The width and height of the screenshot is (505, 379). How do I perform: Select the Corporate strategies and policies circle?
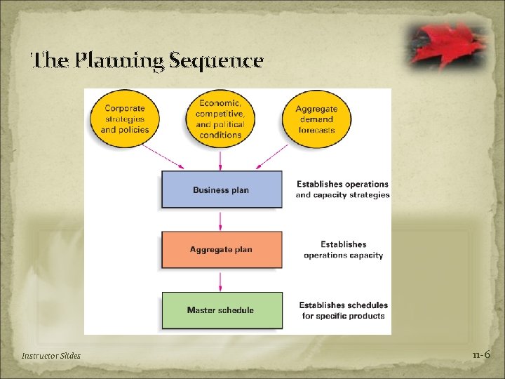(x=125, y=119)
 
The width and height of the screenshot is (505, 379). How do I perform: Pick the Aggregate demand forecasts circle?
(x=316, y=119)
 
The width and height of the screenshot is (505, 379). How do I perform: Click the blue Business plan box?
(x=222, y=189)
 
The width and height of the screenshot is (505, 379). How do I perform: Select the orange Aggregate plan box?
(x=222, y=249)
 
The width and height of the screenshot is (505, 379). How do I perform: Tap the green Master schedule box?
(x=222, y=310)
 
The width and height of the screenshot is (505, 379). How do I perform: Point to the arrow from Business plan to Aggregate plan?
(x=222, y=220)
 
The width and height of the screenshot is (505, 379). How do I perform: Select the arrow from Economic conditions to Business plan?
(x=221, y=159)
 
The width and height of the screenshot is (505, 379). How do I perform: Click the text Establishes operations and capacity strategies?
(x=342, y=189)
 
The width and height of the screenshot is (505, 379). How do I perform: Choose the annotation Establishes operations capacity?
(x=343, y=250)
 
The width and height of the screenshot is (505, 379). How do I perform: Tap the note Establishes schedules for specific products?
(x=343, y=310)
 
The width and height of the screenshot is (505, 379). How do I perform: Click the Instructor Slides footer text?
(x=51, y=356)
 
